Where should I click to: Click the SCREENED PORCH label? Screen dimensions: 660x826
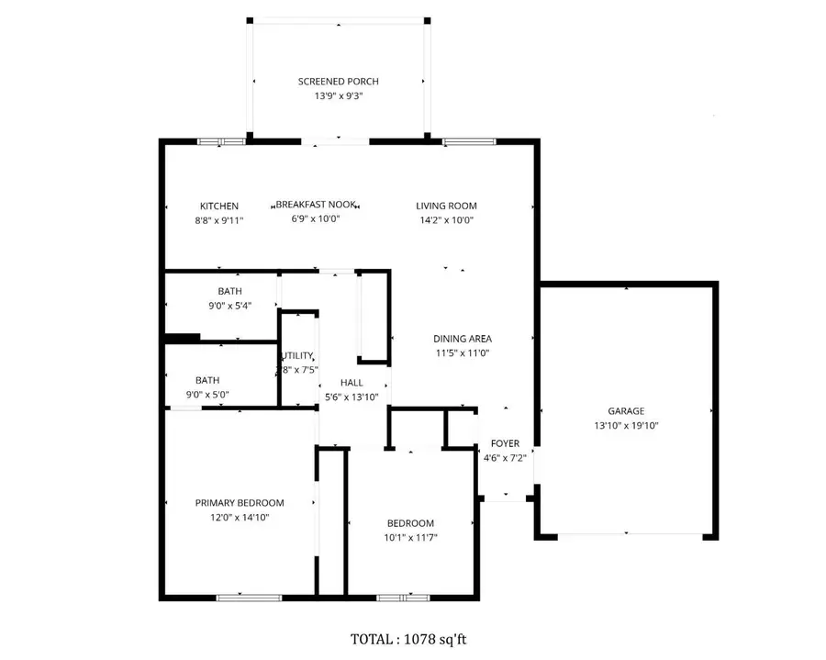[x=338, y=82]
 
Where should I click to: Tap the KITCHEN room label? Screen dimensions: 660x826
[x=219, y=206]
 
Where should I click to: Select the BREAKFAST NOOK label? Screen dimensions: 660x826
[x=316, y=206]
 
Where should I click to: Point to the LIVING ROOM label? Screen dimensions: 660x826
[x=446, y=206]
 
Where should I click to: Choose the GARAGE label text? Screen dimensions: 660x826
[x=626, y=411]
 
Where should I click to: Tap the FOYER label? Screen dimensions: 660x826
[x=505, y=443]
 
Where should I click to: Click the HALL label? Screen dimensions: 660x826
[x=352, y=383]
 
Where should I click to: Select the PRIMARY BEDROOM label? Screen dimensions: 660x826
[x=240, y=503]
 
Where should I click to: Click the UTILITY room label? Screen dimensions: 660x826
[x=298, y=356]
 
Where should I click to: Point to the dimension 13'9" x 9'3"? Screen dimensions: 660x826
[x=338, y=95]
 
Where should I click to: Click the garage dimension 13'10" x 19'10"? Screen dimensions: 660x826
[x=626, y=425]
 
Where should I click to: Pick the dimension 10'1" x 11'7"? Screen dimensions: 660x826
[x=409, y=537]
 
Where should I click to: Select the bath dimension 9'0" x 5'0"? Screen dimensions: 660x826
[x=206, y=395]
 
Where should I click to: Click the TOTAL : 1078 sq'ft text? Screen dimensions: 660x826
[x=413, y=639]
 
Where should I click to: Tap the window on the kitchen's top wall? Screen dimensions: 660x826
[x=221, y=141]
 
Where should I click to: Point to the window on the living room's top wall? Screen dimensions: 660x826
[x=469, y=141]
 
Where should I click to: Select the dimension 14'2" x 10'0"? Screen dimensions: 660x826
[x=446, y=219]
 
